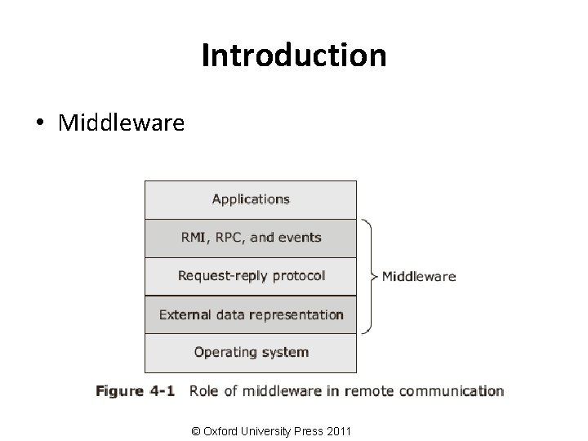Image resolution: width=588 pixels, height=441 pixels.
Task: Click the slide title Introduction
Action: coord(294,56)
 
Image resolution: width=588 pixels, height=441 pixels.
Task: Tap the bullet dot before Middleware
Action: coord(39,123)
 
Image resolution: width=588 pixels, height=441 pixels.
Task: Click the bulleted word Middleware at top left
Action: coord(122,123)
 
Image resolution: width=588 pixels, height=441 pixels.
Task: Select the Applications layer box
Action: coord(251,198)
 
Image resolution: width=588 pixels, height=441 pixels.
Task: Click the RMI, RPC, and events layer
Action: coord(251,238)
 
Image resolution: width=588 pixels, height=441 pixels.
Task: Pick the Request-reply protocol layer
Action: coord(251,276)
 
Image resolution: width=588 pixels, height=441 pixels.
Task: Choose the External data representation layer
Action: coord(251,314)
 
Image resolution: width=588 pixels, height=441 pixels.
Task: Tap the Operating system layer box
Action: coord(251,353)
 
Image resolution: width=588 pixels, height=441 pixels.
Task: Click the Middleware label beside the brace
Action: coord(419,276)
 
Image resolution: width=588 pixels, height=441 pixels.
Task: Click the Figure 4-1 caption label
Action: coord(135,391)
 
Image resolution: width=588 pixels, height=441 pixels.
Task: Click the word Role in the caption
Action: coord(204,391)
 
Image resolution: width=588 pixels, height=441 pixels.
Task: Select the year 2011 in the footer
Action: coord(338,430)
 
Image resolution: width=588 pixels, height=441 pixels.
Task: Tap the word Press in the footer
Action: coord(306,430)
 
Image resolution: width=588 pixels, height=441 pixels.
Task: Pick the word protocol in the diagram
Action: coord(298,276)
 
